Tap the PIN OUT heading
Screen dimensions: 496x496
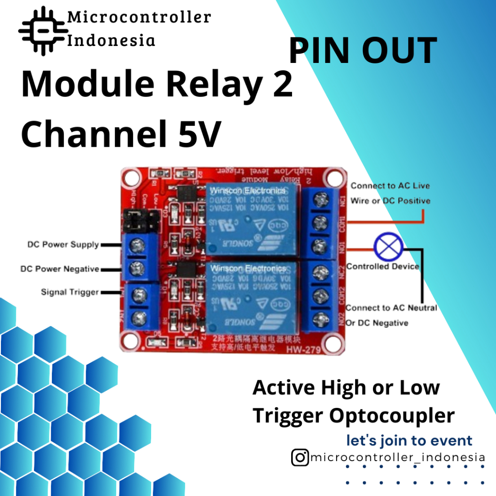[x=363, y=51]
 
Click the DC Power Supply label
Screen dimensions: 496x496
[x=63, y=245]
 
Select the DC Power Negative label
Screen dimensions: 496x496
[x=60, y=268]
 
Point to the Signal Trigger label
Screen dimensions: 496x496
[x=70, y=292]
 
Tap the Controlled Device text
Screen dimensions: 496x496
[x=383, y=266]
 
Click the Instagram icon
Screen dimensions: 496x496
[x=300, y=457]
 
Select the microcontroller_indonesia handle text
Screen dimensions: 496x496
[x=397, y=457]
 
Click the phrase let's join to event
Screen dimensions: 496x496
[x=409, y=440]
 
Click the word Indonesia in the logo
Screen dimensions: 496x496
[x=111, y=40]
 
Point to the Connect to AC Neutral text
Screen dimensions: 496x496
[x=391, y=308]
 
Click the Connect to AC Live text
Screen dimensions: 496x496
[x=390, y=186]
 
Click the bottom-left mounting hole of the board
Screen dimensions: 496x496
[x=131, y=341]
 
